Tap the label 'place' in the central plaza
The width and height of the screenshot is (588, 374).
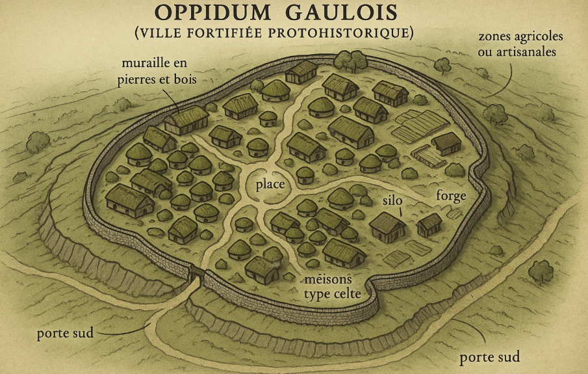click(x=271, y=185)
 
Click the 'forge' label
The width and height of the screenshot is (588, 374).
click(x=452, y=195)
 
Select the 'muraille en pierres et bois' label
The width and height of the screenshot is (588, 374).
click(x=159, y=72)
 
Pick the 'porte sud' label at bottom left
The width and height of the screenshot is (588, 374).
click(x=65, y=334)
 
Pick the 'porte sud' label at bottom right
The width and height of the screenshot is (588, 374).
click(x=490, y=358)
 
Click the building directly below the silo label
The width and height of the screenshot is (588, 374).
click(x=388, y=226)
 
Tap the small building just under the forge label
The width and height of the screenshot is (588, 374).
click(x=429, y=224)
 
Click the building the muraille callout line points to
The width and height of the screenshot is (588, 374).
click(x=186, y=119)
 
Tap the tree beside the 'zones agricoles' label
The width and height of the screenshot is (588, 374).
click(x=442, y=64)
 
